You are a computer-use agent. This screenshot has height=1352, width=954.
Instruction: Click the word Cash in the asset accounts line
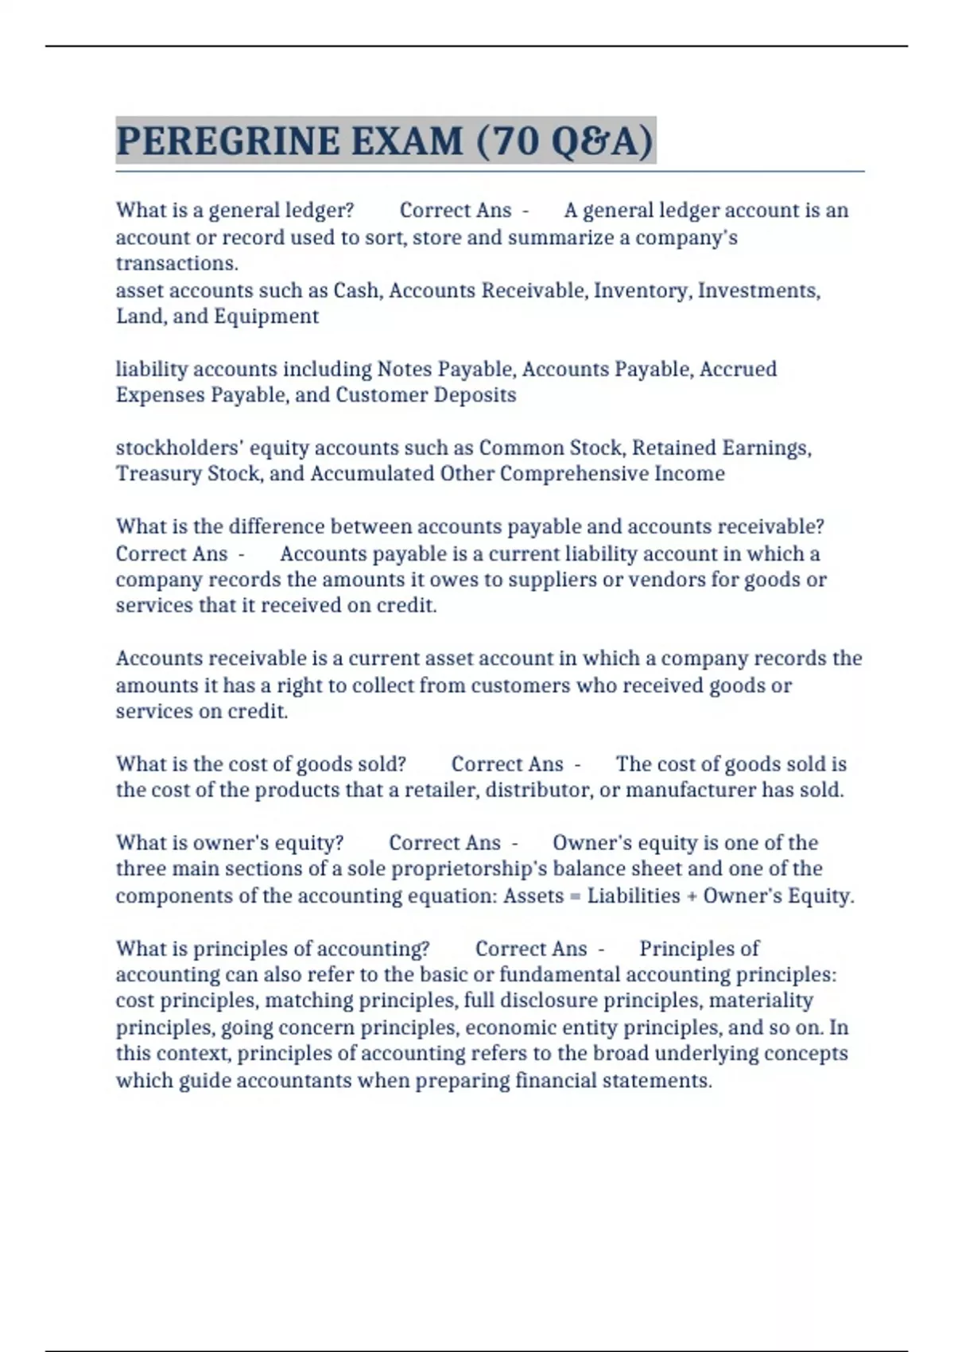(x=355, y=290)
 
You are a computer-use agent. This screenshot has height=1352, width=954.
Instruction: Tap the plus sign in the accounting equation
(x=692, y=896)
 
